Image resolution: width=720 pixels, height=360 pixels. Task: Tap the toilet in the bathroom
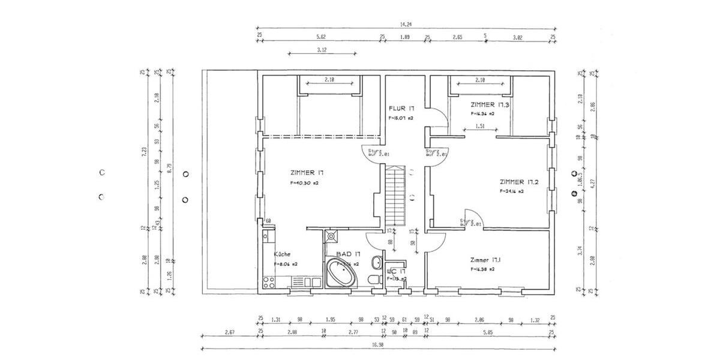pyautogui.click(x=374, y=280)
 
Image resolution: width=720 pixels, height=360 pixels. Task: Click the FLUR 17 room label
pyautogui.click(x=401, y=108)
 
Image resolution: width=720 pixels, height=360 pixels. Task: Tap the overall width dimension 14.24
pyautogui.click(x=406, y=25)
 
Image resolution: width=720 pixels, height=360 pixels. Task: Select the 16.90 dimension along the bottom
pyautogui.click(x=377, y=345)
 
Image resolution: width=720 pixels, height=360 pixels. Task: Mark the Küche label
pyautogui.click(x=282, y=254)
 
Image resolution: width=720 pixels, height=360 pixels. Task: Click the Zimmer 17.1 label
pyautogui.click(x=486, y=260)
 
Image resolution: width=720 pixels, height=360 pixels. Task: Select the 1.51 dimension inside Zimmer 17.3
pyautogui.click(x=480, y=126)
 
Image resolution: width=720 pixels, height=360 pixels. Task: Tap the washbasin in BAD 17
pyautogui.click(x=375, y=262)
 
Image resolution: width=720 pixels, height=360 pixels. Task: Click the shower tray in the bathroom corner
pyautogui.click(x=331, y=236)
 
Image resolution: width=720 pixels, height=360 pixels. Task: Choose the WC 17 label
pyautogui.click(x=396, y=271)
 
